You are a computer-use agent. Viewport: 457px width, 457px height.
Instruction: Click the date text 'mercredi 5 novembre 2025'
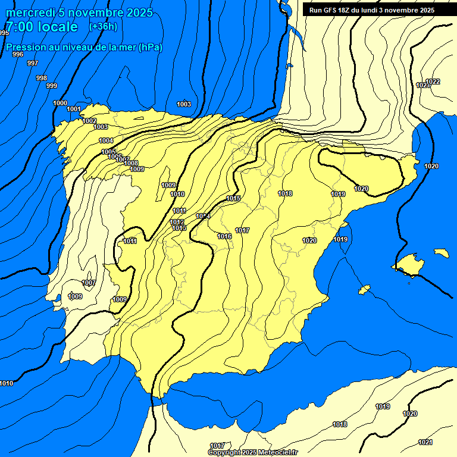tap(79, 12)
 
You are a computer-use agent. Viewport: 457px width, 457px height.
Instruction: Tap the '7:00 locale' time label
tap(42, 27)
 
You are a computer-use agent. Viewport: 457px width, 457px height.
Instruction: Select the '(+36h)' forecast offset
tap(103, 27)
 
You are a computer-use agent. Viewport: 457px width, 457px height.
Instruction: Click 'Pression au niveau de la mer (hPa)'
tap(84, 47)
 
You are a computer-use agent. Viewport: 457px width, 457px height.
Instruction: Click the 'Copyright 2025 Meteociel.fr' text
tap(253, 452)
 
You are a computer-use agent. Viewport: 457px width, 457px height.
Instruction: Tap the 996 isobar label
tap(18, 54)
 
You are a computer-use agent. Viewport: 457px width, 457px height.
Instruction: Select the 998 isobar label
tap(42, 78)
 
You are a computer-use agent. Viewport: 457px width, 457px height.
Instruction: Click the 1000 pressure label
tap(60, 103)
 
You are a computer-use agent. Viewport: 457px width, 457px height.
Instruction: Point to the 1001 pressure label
tap(74, 109)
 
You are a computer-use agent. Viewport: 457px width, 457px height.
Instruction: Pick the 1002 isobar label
tap(89, 121)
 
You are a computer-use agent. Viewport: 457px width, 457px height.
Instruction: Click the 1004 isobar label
tap(106, 140)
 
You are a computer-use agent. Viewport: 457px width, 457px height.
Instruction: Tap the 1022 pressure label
tap(433, 82)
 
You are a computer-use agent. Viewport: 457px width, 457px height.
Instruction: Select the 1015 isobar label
tap(233, 198)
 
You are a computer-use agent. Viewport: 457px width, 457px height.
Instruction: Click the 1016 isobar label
tap(224, 236)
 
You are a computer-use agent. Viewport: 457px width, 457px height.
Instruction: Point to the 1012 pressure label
tap(177, 222)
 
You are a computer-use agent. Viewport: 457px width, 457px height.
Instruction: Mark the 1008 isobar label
tap(131, 163)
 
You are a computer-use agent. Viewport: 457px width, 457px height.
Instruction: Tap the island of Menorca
tap(441, 253)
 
